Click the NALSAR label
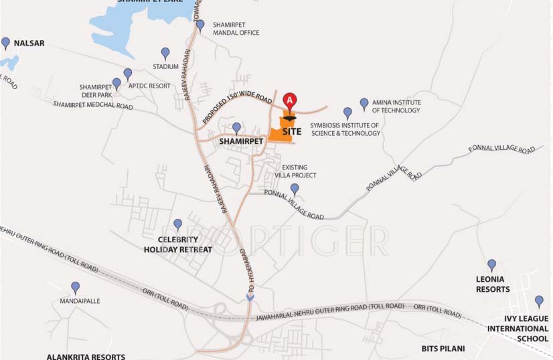point(29,43)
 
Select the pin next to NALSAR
point(6,43)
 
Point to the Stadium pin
point(165,53)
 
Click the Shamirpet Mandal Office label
point(236,29)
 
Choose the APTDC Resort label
point(149,86)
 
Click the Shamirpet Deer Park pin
point(116,84)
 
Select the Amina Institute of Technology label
point(396,106)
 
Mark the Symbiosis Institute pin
point(347,113)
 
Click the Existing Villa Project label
point(299,171)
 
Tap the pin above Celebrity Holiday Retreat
point(177,225)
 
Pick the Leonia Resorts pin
point(491,265)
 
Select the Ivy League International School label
point(518,329)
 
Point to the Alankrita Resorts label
point(86,357)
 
